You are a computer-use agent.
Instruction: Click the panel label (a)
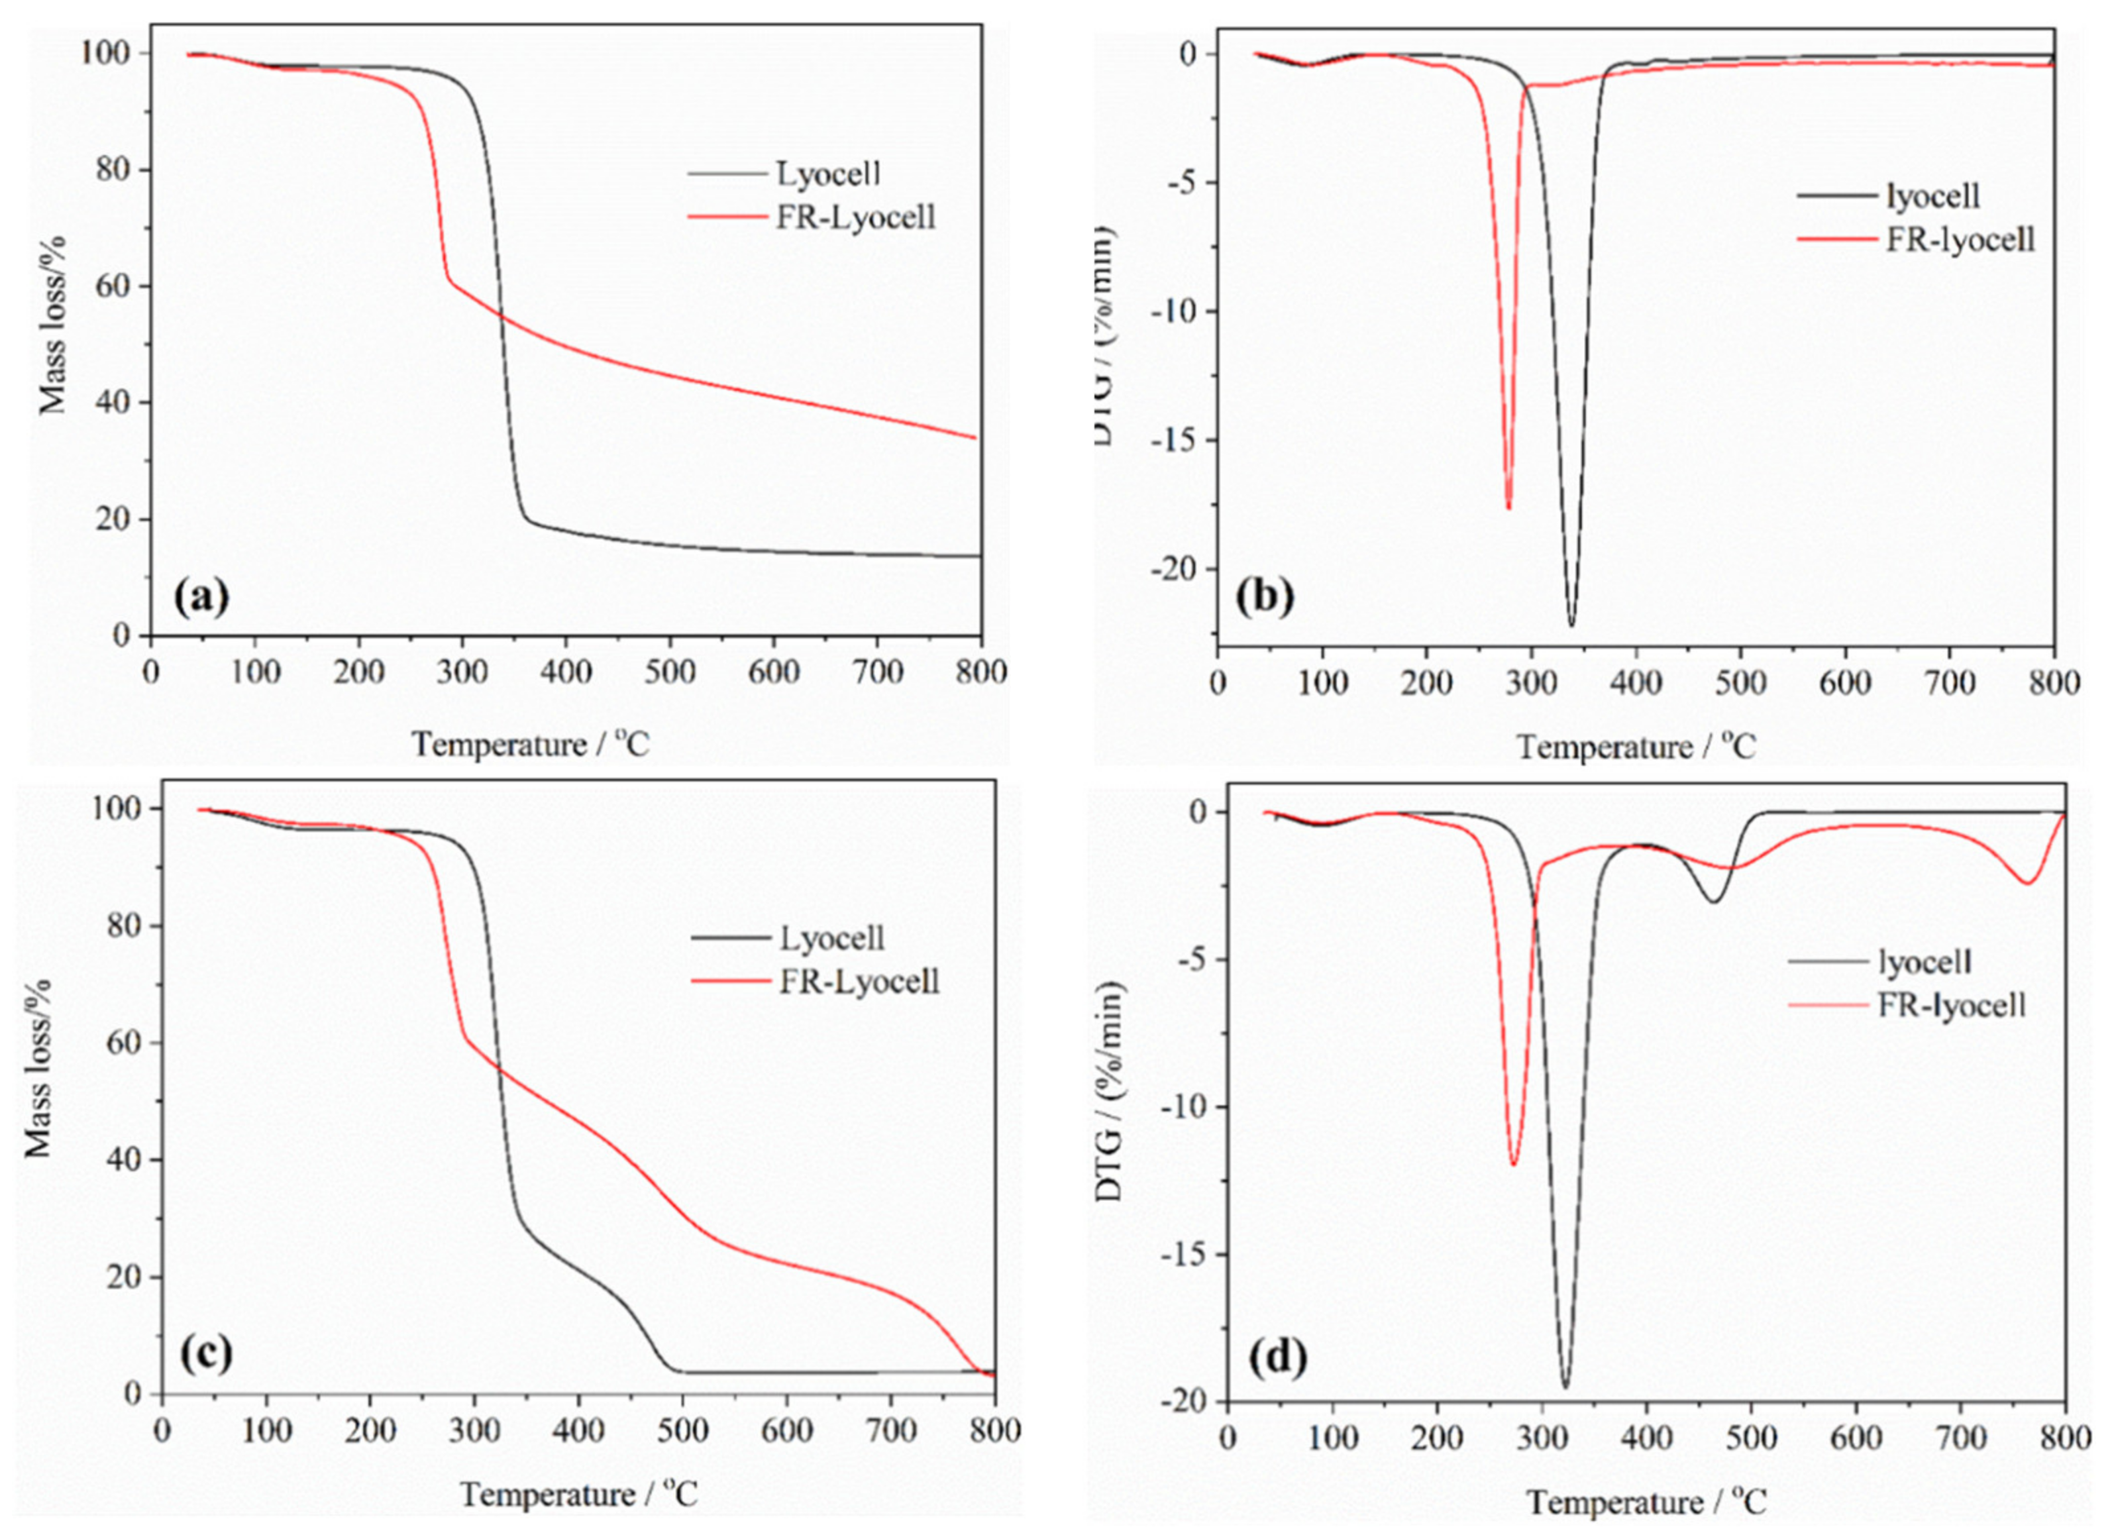click(x=201, y=596)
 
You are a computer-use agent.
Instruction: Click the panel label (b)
click(x=1265, y=597)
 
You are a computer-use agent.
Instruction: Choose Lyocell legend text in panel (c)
click(x=831, y=938)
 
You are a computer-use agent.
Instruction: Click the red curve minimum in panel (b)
click(x=1508, y=507)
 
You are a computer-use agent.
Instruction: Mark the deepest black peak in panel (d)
click(x=1564, y=1387)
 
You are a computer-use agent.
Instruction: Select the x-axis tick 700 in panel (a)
click(x=876, y=672)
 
